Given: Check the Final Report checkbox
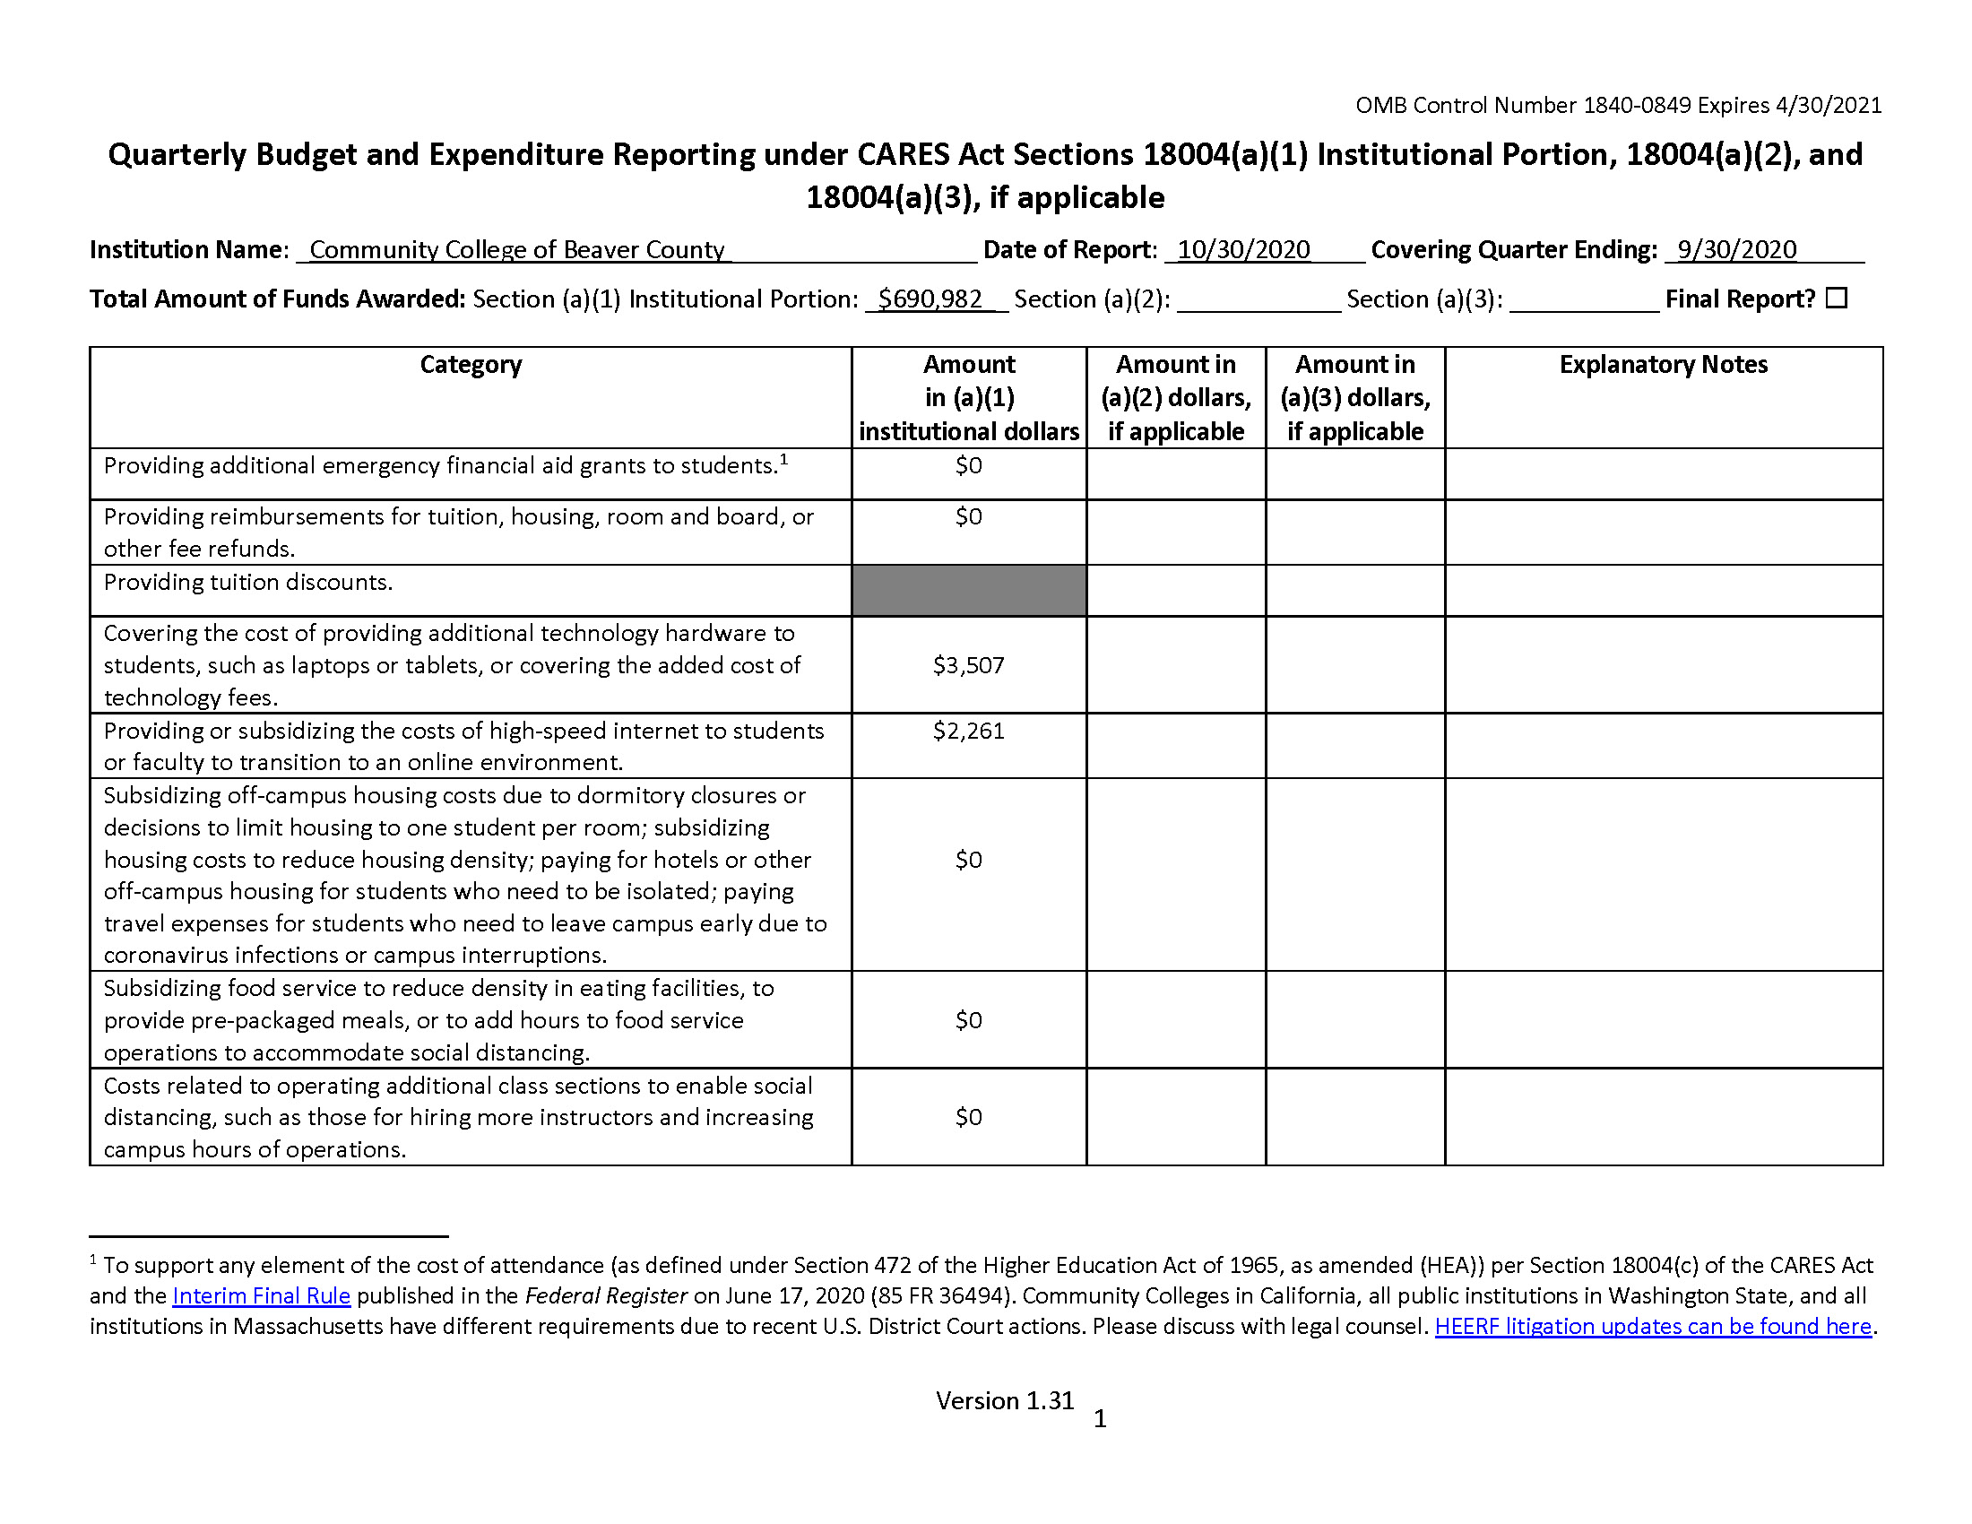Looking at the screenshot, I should point(1837,298).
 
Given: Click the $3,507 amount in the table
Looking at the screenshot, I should point(968,665).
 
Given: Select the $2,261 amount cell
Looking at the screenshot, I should point(968,731).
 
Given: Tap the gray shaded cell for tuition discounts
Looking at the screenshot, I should point(968,591).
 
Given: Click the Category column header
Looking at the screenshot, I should point(471,365).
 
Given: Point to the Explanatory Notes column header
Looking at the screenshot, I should point(1662,365).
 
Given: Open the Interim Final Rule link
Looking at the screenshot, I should point(261,1295).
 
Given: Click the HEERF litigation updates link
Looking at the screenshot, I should point(1652,1326).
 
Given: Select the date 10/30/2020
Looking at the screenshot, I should point(1243,250).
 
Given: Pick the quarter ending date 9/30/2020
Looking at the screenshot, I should point(1736,250).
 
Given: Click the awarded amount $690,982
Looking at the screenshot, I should point(930,299).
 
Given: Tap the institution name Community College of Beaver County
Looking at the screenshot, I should point(516,250).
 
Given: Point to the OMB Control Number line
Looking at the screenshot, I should point(1618,106).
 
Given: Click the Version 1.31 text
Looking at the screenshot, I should point(1004,1400).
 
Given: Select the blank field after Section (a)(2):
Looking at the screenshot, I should point(1258,299).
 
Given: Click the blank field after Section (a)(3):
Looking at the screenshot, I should point(1584,299).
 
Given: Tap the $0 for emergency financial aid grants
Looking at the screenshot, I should point(968,466).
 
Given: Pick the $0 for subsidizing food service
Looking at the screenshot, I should point(968,1020).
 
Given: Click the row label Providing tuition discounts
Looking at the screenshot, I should point(248,583).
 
